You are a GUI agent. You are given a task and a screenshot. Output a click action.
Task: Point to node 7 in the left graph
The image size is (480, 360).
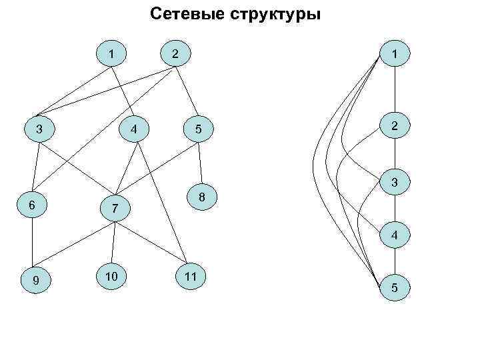point(115,209)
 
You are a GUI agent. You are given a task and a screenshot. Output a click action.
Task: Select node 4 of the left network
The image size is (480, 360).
point(135,128)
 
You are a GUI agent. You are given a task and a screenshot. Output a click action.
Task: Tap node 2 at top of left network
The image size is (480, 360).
point(175,53)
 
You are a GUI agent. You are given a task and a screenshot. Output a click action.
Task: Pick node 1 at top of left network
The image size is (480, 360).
point(111,53)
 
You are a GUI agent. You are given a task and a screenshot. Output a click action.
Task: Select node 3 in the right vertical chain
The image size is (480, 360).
point(395,181)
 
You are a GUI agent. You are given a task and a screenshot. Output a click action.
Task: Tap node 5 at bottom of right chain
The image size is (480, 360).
point(395,288)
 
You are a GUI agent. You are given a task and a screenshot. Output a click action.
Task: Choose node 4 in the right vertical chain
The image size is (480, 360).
point(395,235)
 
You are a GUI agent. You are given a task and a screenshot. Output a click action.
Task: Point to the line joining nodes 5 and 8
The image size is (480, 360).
point(199,163)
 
